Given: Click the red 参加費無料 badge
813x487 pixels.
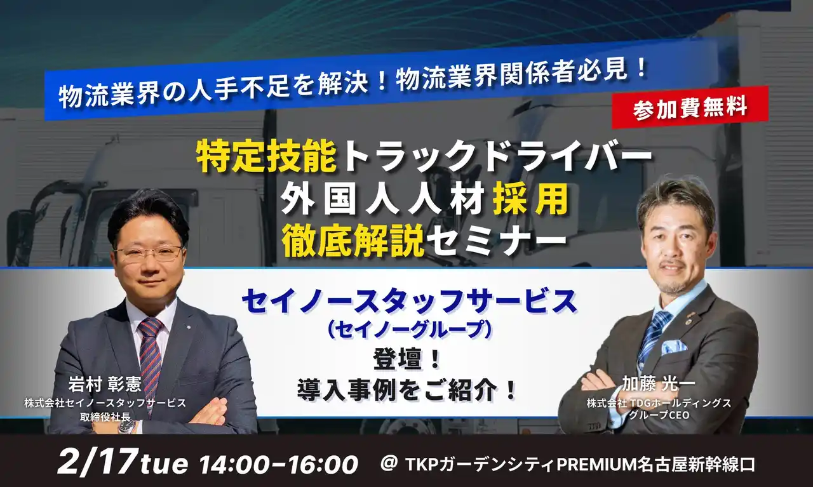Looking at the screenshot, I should click(690, 108).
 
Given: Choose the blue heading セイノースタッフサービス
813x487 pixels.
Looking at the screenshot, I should click(410, 302).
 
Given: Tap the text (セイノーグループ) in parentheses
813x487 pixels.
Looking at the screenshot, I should click(410, 330).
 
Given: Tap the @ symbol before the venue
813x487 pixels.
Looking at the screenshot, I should click(389, 464).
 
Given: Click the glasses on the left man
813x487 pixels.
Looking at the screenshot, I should click(149, 255).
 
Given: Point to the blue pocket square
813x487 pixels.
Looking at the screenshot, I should click(673, 346).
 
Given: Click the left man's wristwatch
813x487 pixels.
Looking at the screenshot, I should click(126, 426).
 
